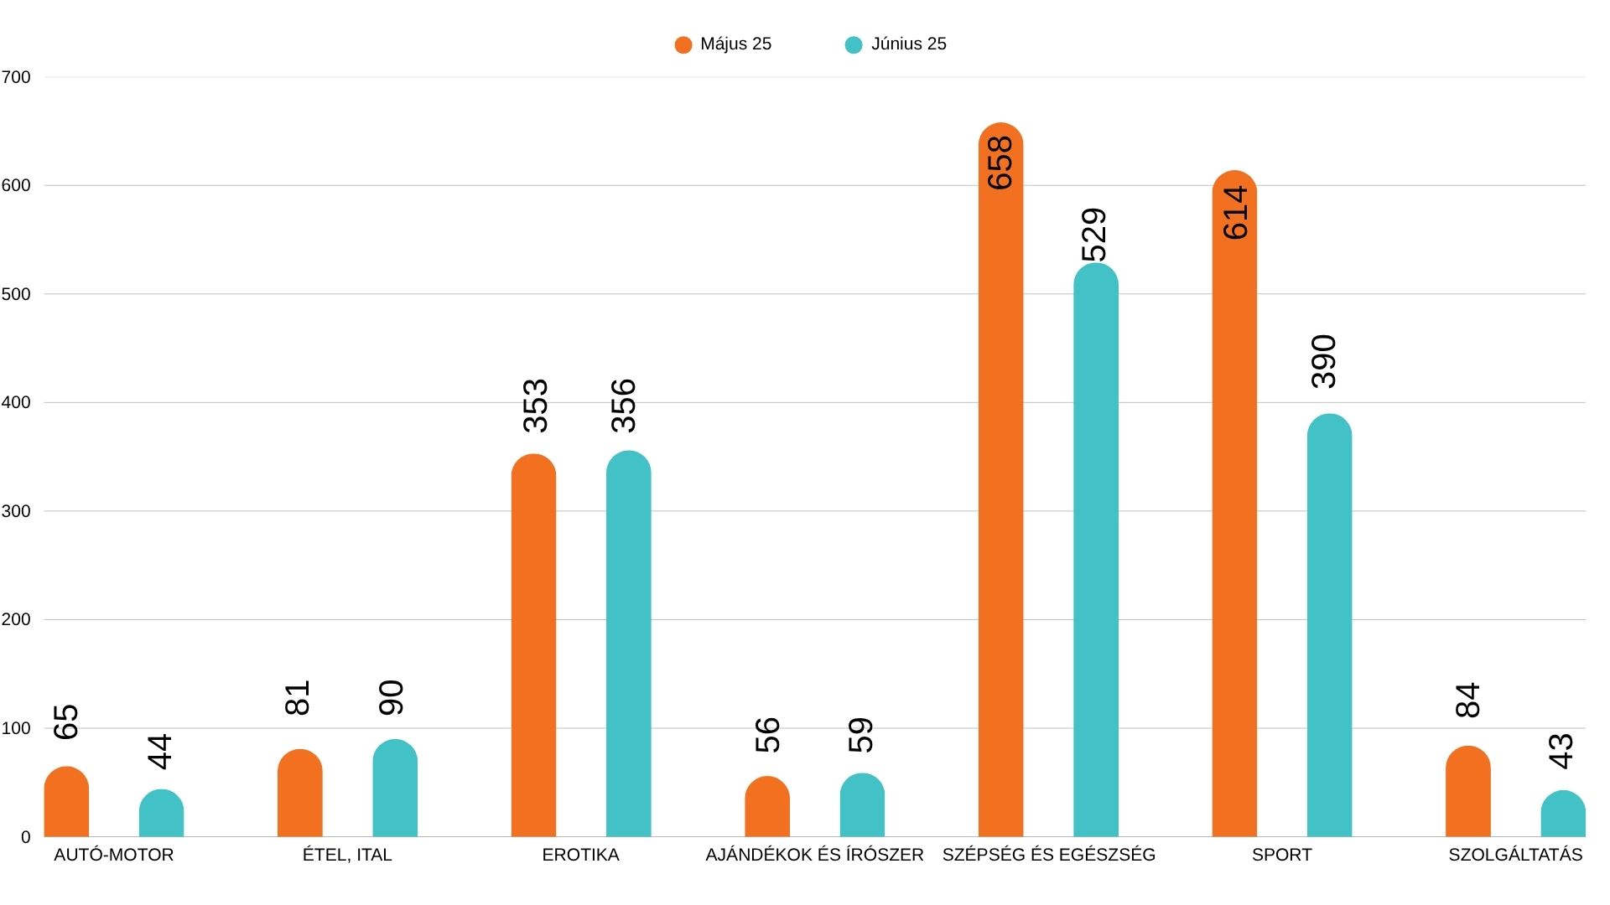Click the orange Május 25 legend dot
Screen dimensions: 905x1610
[683, 45]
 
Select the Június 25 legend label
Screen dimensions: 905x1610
[908, 44]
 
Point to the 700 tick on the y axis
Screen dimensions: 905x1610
[16, 78]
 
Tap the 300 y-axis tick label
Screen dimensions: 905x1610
[16, 511]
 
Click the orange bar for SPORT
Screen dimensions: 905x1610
[1234, 520]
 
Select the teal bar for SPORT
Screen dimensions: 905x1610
[1329, 628]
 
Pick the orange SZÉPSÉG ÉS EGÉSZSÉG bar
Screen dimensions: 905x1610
[1000, 503]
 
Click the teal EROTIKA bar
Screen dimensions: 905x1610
[628, 645]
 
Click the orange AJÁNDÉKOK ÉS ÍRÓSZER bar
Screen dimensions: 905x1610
[767, 808]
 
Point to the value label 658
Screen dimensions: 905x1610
[1000, 163]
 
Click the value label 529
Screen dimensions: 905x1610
[1094, 235]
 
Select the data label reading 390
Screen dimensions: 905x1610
[1324, 361]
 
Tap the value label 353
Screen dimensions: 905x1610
[535, 406]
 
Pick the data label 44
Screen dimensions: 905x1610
[159, 751]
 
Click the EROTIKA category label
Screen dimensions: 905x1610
[580, 856]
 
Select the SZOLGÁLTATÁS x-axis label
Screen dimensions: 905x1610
[1515, 856]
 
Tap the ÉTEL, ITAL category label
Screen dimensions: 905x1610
[347, 856]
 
